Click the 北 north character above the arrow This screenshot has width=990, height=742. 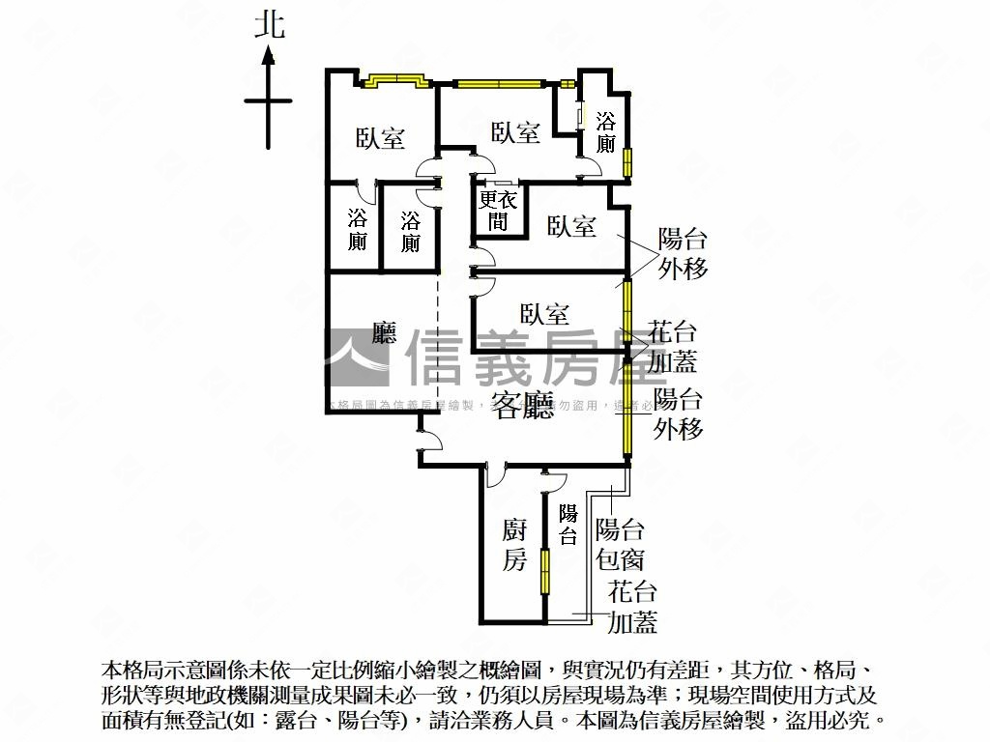pos(270,25)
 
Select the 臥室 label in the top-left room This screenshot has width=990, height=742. pos(380,138)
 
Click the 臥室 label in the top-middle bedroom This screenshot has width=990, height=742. pos(515,132)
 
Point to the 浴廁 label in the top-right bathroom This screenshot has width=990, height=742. pos(606,133)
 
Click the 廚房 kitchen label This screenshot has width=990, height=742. pos(514,545)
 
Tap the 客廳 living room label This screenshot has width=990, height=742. pos(524,406)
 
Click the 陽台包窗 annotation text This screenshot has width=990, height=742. pos(621,544)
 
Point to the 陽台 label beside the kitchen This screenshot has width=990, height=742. pos(568,525)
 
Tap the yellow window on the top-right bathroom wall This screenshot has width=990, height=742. pos(627,160)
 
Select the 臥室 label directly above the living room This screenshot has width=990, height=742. pos(544,314)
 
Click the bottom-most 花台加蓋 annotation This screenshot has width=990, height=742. pos(632,608)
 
